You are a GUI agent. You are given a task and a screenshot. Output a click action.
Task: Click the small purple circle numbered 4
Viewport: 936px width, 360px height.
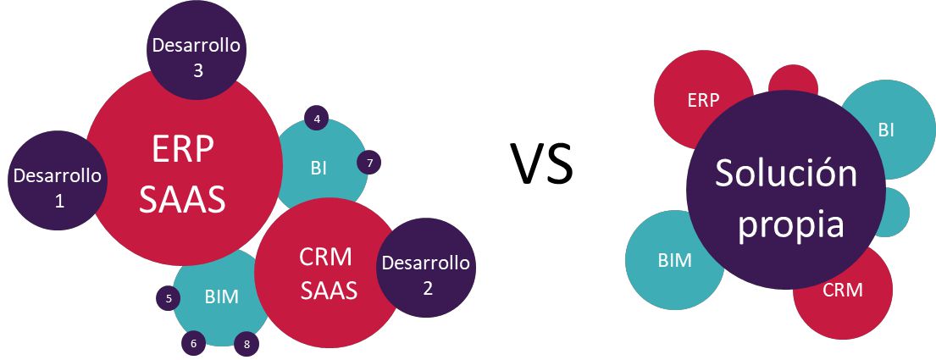[x=317, y=119]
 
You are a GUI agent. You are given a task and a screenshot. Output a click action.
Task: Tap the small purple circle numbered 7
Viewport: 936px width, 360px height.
[x=369, y=162]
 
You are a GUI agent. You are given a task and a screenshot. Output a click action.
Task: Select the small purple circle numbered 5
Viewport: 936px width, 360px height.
[x=169, y=298]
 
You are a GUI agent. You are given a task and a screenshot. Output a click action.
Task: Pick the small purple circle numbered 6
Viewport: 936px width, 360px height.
[x=193, y=343]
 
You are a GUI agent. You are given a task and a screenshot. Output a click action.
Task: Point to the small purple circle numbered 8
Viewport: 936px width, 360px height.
[x=246, y=345]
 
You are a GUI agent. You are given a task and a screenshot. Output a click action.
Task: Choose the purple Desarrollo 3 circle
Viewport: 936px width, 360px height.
[x=197, y=51]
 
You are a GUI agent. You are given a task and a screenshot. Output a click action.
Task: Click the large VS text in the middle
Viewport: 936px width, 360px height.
[x=542, y=163]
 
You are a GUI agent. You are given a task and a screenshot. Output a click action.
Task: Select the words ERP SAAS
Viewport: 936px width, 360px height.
[x=183, y=175]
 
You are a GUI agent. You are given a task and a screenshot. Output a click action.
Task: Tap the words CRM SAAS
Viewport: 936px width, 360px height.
[x=329, y=274]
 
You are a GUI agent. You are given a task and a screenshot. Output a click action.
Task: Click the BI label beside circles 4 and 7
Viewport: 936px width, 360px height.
[x=318, y=169]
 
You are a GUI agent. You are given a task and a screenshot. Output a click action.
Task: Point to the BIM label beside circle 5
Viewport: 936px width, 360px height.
[x=221, y=296]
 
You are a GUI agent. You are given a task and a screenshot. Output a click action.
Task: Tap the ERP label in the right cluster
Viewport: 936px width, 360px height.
[x=704, y=100]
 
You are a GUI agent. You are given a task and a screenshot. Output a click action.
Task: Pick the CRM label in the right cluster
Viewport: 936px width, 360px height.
[x=843, y=291]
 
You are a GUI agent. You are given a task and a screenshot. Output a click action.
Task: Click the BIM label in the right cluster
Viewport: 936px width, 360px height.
[x=674, y=260]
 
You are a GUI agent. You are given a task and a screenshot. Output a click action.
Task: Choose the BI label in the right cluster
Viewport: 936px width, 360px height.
[x=887, y=130]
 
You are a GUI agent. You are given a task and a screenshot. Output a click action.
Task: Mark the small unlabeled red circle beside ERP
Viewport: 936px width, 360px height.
[x=794, y=80]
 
